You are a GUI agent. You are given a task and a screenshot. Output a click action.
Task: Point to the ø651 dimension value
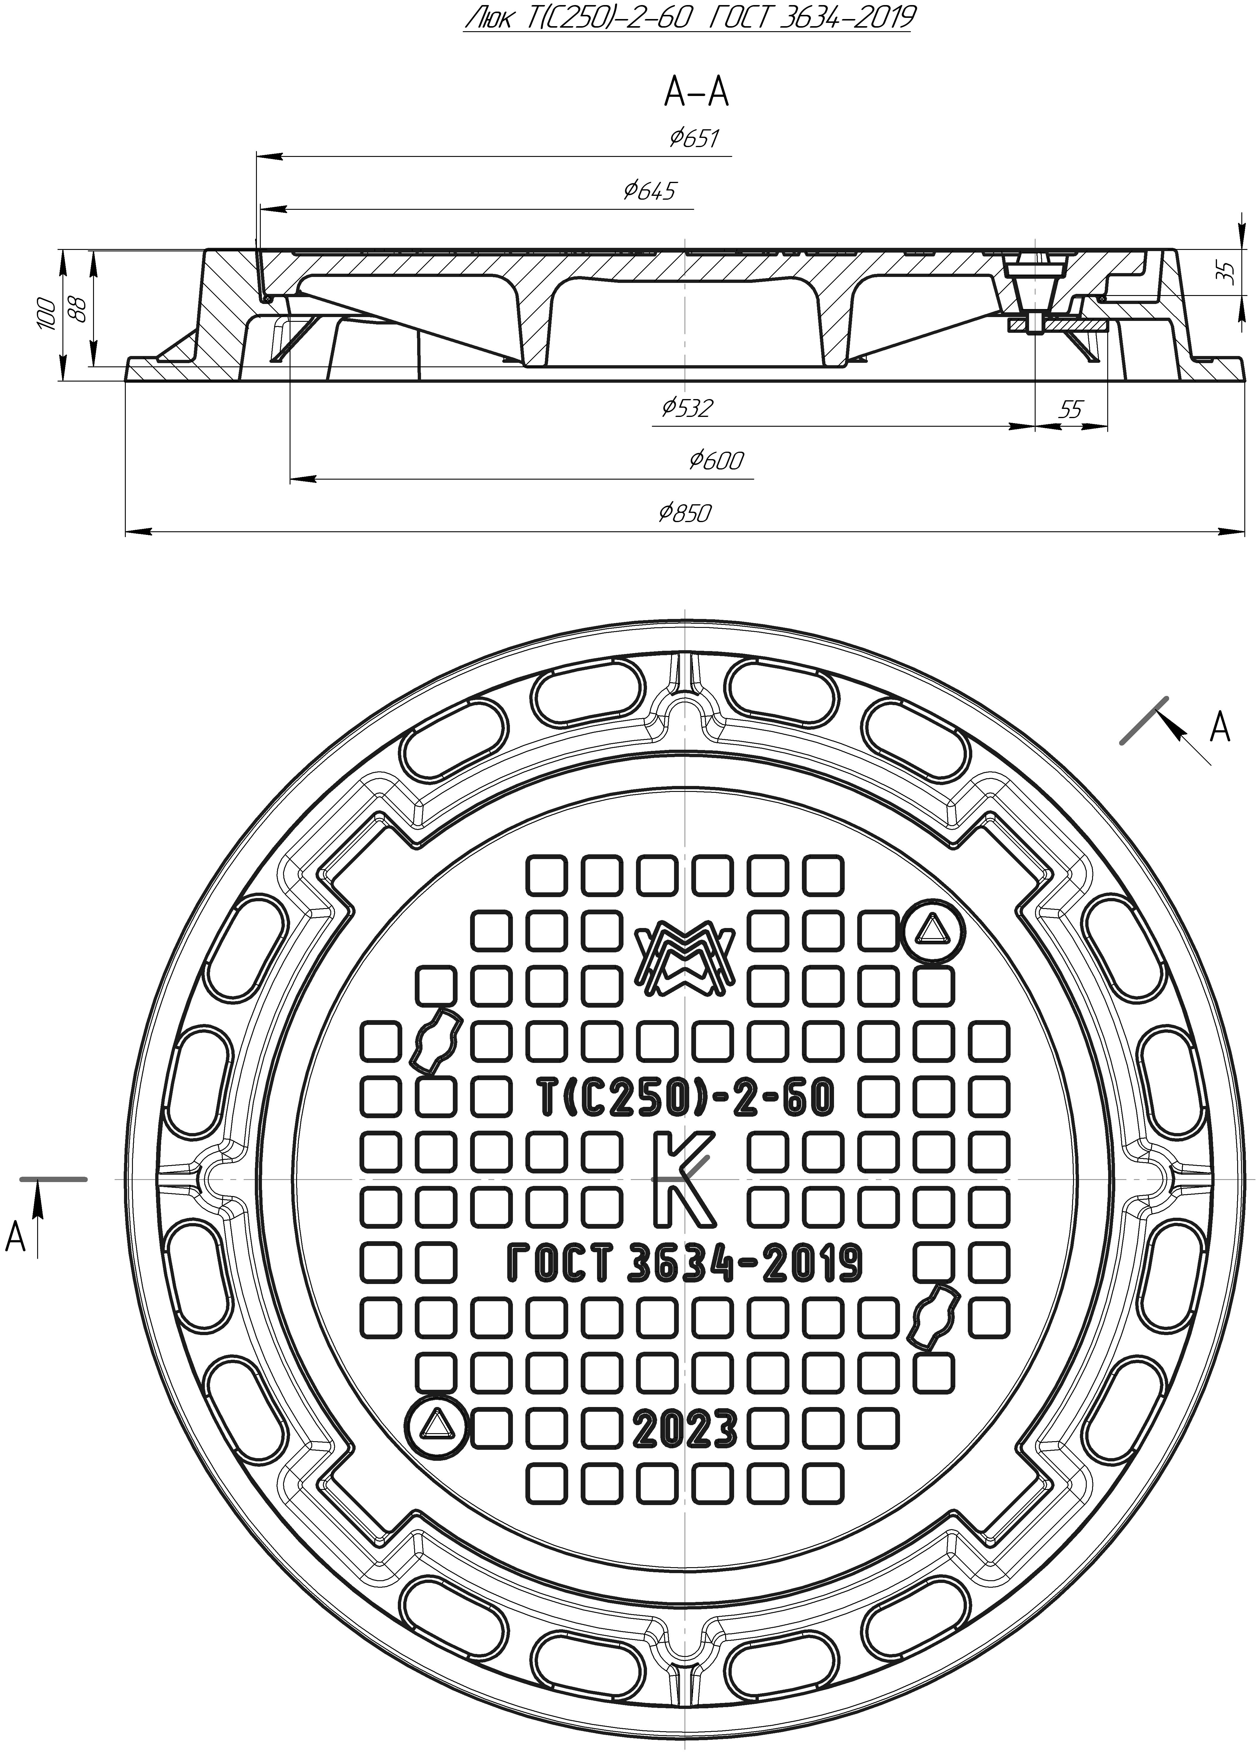(694, 138)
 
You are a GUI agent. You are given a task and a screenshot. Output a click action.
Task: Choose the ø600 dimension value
(716, 460)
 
